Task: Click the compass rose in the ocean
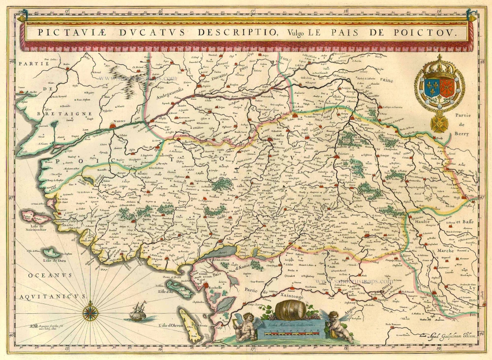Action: pyautogui.click(x=90, y=312)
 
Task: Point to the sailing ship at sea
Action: pyautogui.click(x=138, y=311)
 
